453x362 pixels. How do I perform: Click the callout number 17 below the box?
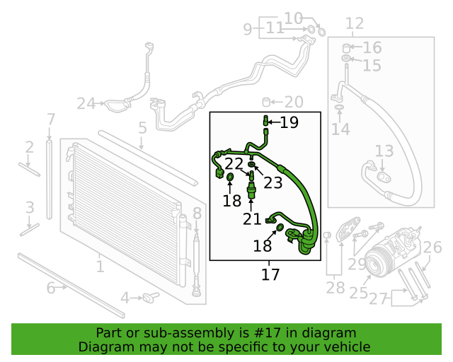pos(270,274)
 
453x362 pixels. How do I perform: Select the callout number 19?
pos(289,122)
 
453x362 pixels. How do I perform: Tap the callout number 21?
pos(252,219)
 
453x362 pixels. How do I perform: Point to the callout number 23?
pos(273,182)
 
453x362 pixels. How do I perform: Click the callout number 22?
pos(234,164)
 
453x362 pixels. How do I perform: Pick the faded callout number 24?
pos(86,104)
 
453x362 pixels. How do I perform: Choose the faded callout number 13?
pos(384,151)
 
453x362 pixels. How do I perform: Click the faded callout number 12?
pos(355,23)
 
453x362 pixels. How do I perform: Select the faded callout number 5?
pos(143,127)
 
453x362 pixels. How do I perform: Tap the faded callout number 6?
pos(51,288)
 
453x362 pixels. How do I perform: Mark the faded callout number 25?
pos(359,293)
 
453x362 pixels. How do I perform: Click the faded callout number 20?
pos(294,102)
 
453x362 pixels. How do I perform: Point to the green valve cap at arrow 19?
pos(266,120)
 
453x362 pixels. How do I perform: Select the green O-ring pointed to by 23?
pos(252,165)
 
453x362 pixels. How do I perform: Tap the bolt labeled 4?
pos(151,298)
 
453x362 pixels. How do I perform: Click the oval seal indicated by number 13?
pos(384,177)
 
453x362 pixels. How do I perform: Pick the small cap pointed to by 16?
pos(346,48)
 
